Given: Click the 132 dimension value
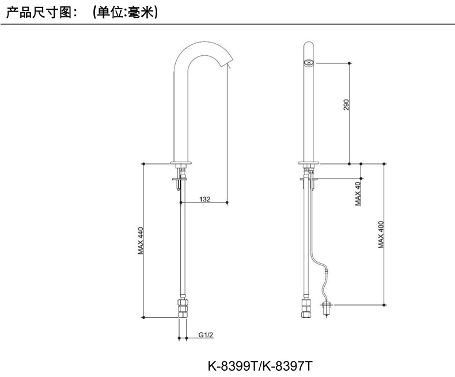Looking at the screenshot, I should tap(204, 199).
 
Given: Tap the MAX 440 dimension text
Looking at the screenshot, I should tap(140, 241).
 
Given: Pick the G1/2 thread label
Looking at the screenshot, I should tap(206, 334).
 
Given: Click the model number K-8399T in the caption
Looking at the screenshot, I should tap(233, 365).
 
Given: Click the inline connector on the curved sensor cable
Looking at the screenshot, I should tap(327, 269).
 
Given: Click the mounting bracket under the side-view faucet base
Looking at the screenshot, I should tap(181, 181).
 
